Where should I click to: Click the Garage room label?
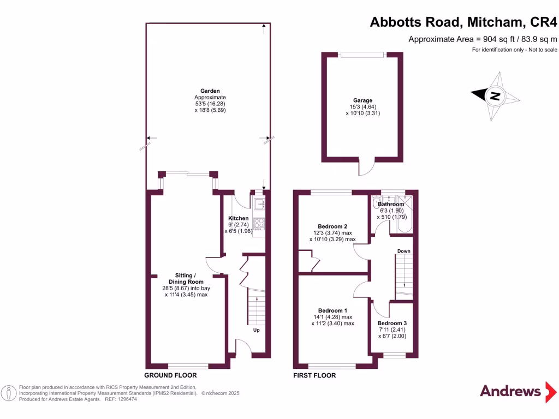pyautogui.click(x=362, y=100)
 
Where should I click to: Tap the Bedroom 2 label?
pyautogui.click(x=332, y=226)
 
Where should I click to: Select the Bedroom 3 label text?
pyautogui.click(x=392, y=323)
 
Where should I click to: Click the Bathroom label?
pyautogui.click(x=391, y=205)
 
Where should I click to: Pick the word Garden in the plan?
pyautogui.click(x=210, y=91)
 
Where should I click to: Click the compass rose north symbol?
pyautogui.click(x=495, y=96)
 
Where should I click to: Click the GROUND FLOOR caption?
pyautogui.click(x=170, y=375)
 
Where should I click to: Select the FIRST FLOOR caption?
pyautogui.click(x=314, y=375)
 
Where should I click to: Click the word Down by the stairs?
pyautogui.click(x=403, y=252)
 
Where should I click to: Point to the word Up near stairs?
pyautogui.click(x=256, y=330)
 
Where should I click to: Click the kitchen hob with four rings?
pyautogui.click(x=259, y=223)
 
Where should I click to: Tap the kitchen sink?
pyautogui.click(x=259, y=204)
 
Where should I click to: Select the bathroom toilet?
pyautogui.click(x=376, y=203)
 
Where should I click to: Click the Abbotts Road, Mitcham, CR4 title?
pyautogui.click(x=463, y=22)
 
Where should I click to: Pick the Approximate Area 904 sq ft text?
pyautogui.click(x=483, y=39)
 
